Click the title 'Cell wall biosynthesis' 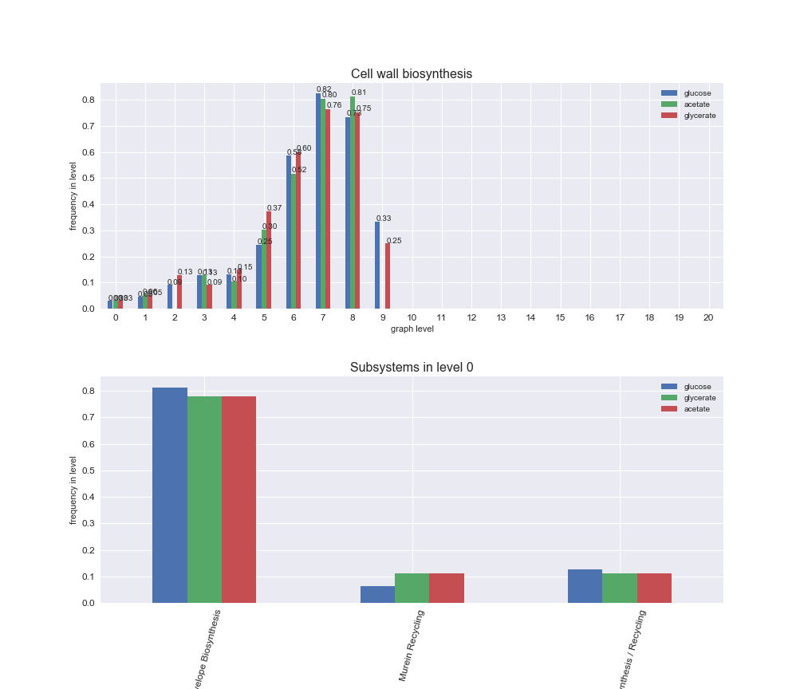click(x=412, y=74)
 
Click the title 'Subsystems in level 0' click(x=412, y=368)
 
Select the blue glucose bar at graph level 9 click(x=377, y=266)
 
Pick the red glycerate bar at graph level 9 click(x=388, y=276)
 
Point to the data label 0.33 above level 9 click(x=384, y=219)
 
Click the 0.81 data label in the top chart click(x=359, y=93)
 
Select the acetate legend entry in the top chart click(x=697, y=104)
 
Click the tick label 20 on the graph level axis click(x=708, y=317)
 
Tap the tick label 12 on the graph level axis click(x=471, y=317)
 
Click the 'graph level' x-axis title click(x=412, y=329)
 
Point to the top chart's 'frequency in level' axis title click(x=73, y=196)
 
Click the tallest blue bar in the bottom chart click(x=170, y=495)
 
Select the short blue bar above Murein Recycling click(x=377, y=595)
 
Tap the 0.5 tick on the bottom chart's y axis click(x=87, y=470)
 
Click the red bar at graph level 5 click(x=269, y=260)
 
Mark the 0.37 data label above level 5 click(x=274, y=208)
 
